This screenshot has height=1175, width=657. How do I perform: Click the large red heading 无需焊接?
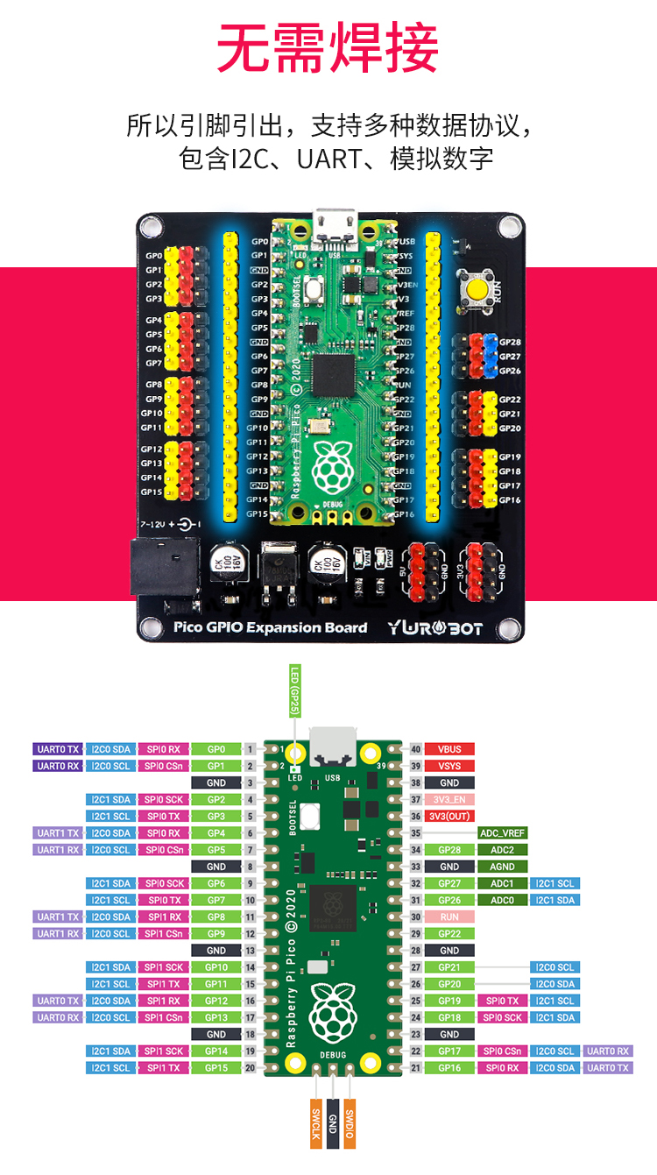[328, 48]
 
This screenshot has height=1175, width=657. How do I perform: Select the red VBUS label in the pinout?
[449, 749]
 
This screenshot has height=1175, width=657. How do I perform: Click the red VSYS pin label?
[449, 766]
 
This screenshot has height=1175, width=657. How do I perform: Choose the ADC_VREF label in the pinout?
[502, 832]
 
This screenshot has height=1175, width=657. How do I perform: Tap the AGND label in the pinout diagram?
[502, 867]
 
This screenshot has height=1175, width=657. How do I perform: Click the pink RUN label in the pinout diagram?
[449, 917]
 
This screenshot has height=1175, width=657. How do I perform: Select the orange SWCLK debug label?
[316, 1123]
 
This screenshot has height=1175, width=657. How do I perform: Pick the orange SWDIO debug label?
[350, 1123]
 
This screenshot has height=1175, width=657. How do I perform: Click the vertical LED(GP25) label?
[294, 692]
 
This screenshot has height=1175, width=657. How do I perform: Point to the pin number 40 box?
[416, 749]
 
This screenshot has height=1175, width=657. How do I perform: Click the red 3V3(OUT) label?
[449, 816]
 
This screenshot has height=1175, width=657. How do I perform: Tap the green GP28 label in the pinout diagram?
[449, 850]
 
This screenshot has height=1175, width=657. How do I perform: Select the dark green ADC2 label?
[502, 850]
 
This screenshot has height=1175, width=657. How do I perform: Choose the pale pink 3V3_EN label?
[449, 799]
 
